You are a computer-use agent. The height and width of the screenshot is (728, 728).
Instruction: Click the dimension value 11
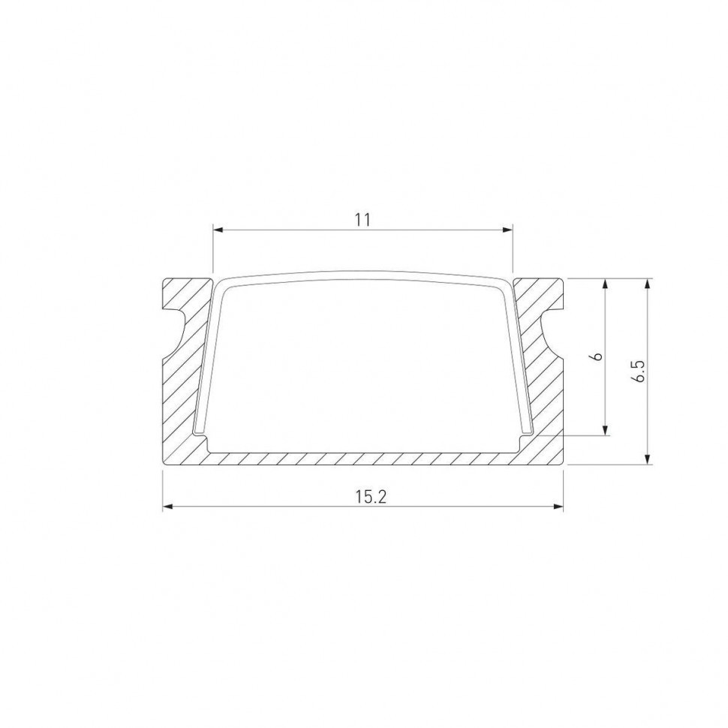click(362, 219)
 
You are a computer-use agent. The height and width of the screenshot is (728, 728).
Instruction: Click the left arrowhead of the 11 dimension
click(218, 230)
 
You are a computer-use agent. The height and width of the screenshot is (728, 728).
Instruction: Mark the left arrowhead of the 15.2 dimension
click(167, 507)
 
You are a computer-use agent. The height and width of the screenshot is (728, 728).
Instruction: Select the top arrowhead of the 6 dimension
click(606, 283)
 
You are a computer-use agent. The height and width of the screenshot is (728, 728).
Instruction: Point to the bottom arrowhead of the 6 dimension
click(606, 430)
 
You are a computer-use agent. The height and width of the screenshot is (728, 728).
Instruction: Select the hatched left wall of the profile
click(184, 390)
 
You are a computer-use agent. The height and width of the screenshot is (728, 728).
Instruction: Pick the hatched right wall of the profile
click(542, 390)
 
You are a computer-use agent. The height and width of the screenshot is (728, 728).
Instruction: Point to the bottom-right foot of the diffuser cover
click(527, 433)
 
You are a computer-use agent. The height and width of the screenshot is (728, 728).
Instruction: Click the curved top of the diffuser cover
click(362, 275)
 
